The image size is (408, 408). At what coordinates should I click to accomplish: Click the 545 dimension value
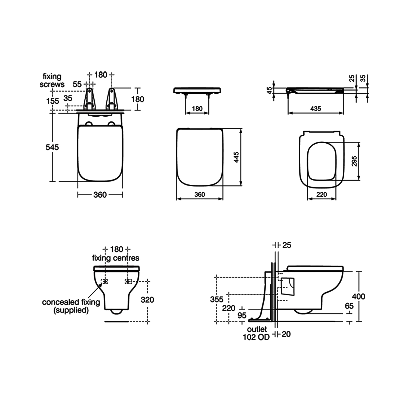click(52, 147)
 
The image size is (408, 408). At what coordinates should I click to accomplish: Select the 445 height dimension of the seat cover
click(236, 157)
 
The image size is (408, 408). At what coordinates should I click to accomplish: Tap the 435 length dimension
click(316, 109)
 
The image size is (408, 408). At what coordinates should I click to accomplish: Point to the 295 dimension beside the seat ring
click(354, 161)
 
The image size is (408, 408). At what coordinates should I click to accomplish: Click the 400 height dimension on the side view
click(358, 296)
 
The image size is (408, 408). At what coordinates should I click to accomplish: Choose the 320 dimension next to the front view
click(147, 299)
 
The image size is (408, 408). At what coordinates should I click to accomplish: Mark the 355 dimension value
click(217, 299)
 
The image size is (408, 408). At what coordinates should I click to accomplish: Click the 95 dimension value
click(242, 315)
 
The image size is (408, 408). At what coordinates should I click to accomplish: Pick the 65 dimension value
click(349, 306)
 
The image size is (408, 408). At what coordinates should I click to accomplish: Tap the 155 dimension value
click(52, 101)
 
